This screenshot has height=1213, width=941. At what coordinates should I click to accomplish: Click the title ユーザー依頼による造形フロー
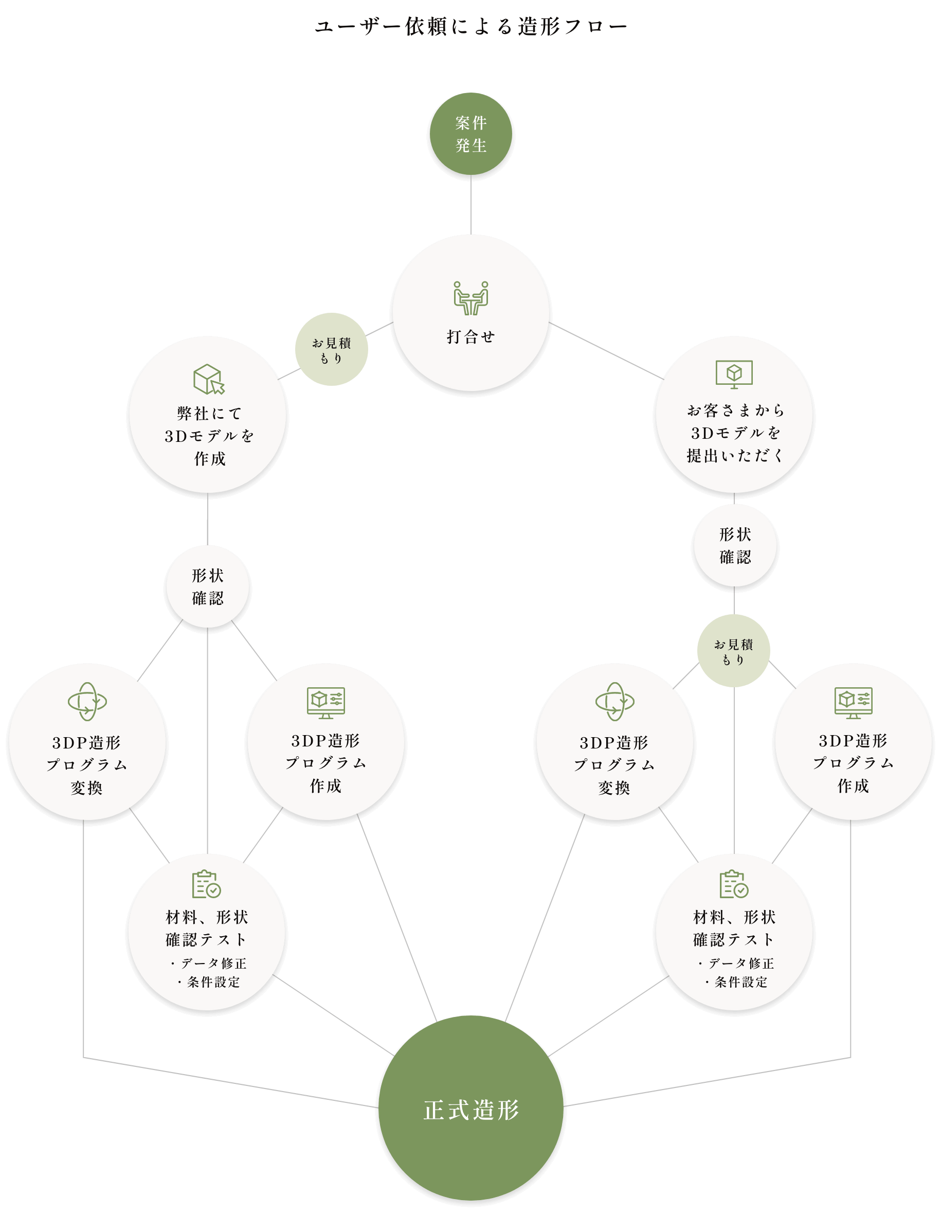click(471, 26)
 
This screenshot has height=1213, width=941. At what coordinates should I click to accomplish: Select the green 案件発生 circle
click(471, 134)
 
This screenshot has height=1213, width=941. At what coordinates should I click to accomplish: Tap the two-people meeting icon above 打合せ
click(471, 298)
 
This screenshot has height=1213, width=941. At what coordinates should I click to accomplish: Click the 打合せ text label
click(471, 336)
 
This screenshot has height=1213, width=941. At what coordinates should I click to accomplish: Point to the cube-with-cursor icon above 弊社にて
click(209, 379)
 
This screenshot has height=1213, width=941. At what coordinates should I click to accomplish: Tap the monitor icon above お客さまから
click(734, 374)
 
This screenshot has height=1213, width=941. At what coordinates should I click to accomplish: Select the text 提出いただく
click(734, 456)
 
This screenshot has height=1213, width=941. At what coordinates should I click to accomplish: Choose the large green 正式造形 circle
click(471, 1108)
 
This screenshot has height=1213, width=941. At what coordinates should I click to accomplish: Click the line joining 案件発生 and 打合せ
click(471, 204)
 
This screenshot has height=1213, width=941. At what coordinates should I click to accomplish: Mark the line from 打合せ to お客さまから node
click(606, 351)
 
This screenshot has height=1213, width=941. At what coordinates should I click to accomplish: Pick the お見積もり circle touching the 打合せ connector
click(332, 350)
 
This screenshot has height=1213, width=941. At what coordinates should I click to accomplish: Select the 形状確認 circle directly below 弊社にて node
click(208, 586)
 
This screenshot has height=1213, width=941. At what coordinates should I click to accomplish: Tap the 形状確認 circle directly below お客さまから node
click(735, 545)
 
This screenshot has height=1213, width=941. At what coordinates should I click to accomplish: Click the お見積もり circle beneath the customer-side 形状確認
click(733, 651)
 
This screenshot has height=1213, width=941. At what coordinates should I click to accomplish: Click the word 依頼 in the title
click(426, 26)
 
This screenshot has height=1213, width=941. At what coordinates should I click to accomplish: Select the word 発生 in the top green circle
click(471, 146)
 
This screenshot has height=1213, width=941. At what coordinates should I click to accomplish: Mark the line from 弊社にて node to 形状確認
click(208, 519)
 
